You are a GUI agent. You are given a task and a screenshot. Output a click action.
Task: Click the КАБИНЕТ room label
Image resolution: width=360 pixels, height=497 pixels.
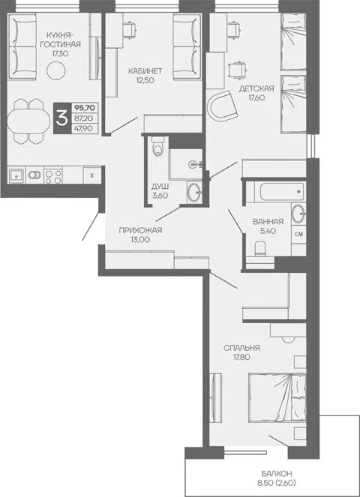click(x=145, y=71)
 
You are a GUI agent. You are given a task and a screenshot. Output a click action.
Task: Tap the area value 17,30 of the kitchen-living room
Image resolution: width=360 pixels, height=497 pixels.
click(x=60, y=53)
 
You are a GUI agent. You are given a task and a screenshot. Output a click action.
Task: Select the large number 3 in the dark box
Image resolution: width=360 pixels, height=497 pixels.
click(x=61, y=118)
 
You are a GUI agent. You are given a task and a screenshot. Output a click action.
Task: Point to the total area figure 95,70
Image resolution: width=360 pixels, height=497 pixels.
click(x=84, y=108)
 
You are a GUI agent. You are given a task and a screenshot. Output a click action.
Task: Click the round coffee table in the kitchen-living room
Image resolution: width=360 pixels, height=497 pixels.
click(x=56, y=70)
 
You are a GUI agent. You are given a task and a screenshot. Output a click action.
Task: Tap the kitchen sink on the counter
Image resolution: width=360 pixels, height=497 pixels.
click(x=16, y=175)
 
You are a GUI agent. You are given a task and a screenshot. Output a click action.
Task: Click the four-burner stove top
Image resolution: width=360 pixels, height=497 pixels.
click(x=53, y=175)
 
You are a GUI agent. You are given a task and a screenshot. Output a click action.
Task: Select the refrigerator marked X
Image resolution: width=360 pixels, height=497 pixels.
click(x=92, y=175)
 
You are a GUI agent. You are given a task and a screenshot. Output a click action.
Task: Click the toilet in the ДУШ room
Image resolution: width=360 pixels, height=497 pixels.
click(x=157, y=146)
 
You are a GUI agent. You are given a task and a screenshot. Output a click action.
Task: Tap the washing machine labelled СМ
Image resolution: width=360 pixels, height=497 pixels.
click(x=298, y=235)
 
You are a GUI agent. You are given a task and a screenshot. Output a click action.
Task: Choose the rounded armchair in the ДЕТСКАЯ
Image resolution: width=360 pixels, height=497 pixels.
click(x=223, y=106)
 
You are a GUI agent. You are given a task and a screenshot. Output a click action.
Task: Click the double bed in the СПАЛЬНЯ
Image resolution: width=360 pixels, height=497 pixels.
click(x=277, y=397)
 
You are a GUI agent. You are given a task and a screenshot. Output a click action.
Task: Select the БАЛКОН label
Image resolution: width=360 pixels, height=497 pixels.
click(x=277, y=474)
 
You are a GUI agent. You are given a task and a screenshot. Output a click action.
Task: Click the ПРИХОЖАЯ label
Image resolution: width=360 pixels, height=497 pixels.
click(x=140, y=230)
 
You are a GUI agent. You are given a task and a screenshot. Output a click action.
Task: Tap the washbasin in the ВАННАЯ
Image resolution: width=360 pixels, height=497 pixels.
click(x=298, y=214)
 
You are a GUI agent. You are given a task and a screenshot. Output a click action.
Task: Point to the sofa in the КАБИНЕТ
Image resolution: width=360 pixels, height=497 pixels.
click(x=187, y=46)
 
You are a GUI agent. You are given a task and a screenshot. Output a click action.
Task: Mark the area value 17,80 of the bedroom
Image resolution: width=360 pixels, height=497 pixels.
click(x=242, y=358)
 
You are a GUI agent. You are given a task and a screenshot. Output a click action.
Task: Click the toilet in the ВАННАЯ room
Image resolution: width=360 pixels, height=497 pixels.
click(x=259, y=248)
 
